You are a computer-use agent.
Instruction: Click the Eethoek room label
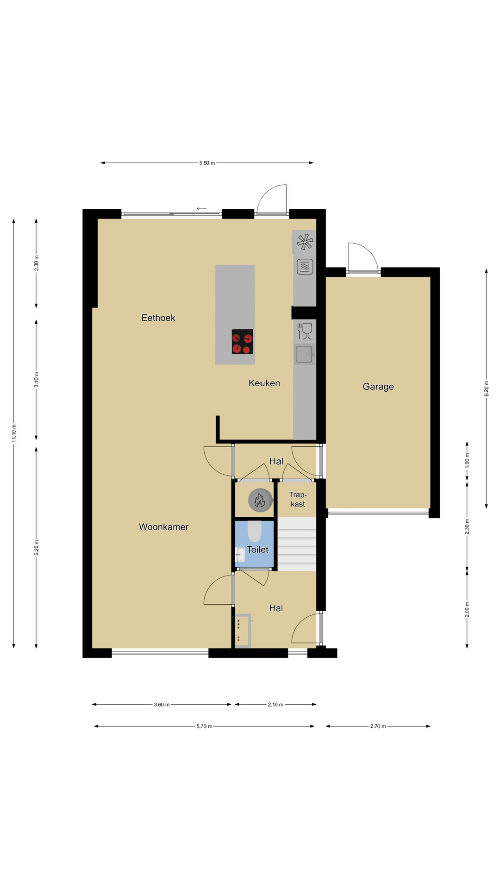158,318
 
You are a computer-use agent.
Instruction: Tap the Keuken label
264,383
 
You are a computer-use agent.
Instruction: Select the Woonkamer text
164,527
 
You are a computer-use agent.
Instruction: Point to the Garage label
378,387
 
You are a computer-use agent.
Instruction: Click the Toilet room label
257,550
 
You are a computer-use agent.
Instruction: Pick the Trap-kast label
298,500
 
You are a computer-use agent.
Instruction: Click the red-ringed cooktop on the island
242,341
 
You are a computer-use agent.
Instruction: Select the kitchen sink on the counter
305,354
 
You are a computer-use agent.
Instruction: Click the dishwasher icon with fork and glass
305,332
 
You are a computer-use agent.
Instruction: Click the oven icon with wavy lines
305,267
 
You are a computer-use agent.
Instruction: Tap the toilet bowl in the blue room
254,532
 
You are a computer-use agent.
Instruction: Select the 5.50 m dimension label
207,163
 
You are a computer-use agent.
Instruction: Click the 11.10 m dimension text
14,433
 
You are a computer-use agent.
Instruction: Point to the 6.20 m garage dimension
486,388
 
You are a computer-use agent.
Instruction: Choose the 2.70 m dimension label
378,726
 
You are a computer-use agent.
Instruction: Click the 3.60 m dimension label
162,705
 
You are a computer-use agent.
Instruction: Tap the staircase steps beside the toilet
297,544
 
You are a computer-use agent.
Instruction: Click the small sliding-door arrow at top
201,208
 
